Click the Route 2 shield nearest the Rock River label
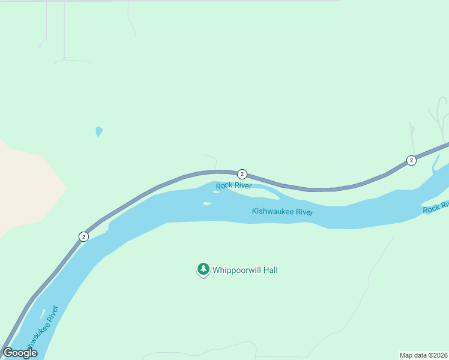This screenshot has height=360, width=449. (x=242, y=174)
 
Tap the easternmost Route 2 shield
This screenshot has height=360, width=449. (x=411, y=160)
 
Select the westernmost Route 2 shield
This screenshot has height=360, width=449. (x=83, y=236)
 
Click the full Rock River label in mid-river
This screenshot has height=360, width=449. (x=234, y=185)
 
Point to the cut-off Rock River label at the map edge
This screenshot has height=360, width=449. (x=436, y=207)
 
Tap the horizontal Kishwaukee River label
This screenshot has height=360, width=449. (x=283, y=211)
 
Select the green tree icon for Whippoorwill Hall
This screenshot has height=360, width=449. (x=203, y=269)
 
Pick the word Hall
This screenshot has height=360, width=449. (x=270, y=270)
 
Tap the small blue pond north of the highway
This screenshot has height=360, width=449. (x=99, y=131)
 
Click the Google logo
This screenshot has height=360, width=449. (x=20, y=352)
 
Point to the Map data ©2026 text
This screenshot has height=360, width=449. (x=423, y=355)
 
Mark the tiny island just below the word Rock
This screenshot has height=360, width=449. (x=216, y=192)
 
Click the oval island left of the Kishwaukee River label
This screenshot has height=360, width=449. (x=206, y=203)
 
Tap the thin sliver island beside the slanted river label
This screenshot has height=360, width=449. (x=43, y=314)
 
